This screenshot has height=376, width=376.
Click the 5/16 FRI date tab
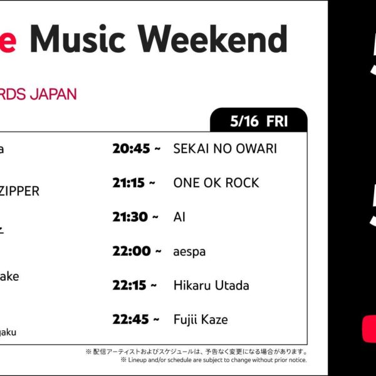point(259,121)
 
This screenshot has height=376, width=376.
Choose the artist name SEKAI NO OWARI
point(224,149)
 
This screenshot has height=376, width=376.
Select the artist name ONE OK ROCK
point(216,183)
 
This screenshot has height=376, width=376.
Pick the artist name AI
point(179,217)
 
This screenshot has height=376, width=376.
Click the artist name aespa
point(189,251)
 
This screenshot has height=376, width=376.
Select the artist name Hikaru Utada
point(211,285)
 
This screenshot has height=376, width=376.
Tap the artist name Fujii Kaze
point(200,320)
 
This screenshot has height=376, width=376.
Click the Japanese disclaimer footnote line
point(196,352)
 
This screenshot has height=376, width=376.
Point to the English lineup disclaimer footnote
point(213,360)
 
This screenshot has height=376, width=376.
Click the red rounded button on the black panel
point(369,329)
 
